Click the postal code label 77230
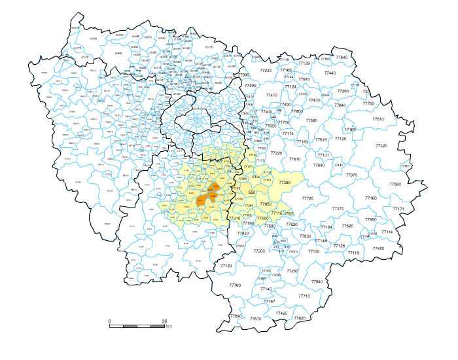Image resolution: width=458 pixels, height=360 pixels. pyautogui.click(x=266, y=70)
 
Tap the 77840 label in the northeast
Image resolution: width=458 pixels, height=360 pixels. pyautogui.click(x=342, y=58)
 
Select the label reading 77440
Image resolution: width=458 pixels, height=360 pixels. pyautogui.click(x=330, y=73)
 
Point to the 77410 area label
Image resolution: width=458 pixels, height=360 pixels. pyautogui.click(x=272, y=95)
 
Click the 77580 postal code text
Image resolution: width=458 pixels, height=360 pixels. pyautogui.click(x=311, y=120)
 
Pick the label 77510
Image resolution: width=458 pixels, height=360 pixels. pyautogui.click(x=378, y=119)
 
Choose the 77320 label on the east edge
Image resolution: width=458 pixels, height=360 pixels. pyautogui.click(x=381, y=146)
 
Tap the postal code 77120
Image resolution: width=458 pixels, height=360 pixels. pyautogui.click(x=340, y=139)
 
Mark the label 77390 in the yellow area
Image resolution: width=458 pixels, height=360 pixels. pyautogui.click(x=285, y=183)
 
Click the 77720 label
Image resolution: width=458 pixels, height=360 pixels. pyautogui.click(x=308, y=198)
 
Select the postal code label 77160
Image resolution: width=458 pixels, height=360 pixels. pyautogui.click(x=371, y=198)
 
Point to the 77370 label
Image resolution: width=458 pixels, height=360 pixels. pyautogui.click(x=338, y=208)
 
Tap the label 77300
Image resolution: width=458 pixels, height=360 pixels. pyautogui.click(x=259, y=251)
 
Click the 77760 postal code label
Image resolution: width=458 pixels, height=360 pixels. pyautogui.click(x=235, y=285)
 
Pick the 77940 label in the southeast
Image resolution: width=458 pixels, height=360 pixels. pyautogui.click(x=317, y=281)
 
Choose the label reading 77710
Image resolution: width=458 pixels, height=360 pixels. pyautogui.click(x=304, y=296)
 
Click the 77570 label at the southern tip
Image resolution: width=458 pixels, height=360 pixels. pyautogui.click(x=256, y=319)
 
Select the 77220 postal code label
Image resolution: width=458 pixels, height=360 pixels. pyautogui.click(x=276, y=153)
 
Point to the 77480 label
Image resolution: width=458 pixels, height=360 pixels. pyautogui.click(x=378, y=248)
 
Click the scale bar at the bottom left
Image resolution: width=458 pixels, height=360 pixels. pyautogui.click(x=137, y=325)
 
